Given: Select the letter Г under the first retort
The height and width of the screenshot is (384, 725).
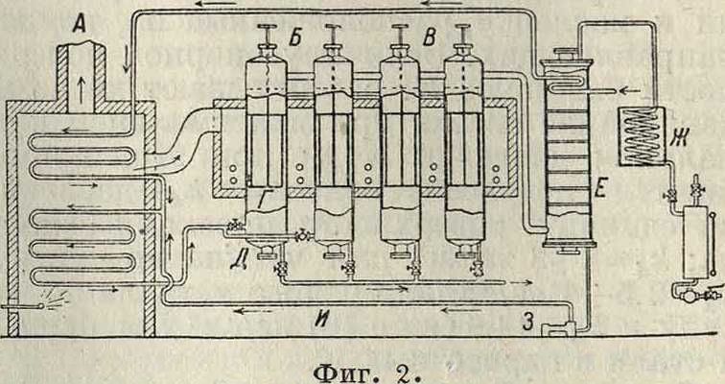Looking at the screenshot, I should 262,200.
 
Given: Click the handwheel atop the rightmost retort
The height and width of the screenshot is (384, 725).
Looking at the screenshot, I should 460,32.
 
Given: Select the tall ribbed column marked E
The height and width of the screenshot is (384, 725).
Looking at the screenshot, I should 569,154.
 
